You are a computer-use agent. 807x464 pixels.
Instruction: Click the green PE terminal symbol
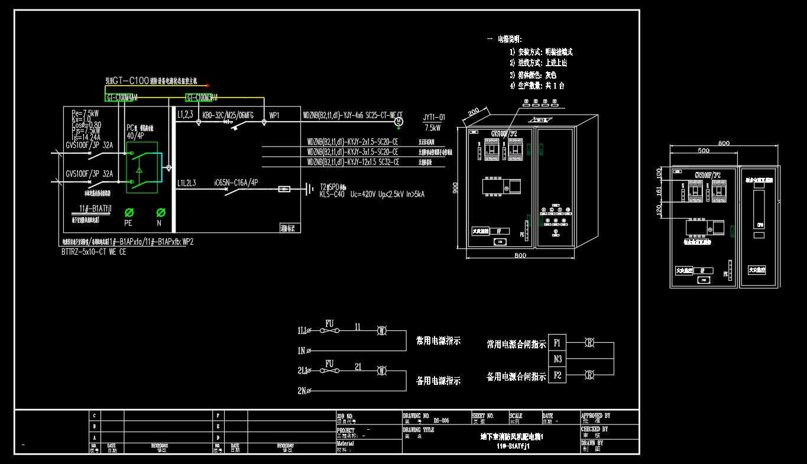(x=129, y=212)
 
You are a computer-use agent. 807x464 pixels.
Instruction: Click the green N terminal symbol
(x=160, y=212)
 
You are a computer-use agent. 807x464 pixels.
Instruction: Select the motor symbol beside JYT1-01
(x=398, y=121)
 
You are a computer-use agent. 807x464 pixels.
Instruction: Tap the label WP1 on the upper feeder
(x=275, y=115)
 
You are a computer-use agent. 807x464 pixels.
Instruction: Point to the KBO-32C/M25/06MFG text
(x=228, y=115)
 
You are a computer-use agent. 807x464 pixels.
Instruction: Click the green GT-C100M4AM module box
(x=122, y=98)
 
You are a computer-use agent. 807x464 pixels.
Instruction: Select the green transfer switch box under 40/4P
(x=142, y=167)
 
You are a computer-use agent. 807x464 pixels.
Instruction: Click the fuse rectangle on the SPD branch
(x=285, y=190)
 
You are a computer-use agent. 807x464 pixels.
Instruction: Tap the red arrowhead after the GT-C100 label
(x=207, y=86)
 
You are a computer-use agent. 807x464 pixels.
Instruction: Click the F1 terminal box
(x=558, y=343)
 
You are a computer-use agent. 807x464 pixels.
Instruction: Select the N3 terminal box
(x=558, y=359)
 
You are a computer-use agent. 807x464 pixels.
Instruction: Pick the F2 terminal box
(x=558, y=375)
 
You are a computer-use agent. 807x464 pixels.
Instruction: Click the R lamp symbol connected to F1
(x=589, y=343)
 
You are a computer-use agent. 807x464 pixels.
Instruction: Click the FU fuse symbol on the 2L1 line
(x=329, y=371)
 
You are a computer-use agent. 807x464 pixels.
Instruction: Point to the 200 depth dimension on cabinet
(x=474, y=112)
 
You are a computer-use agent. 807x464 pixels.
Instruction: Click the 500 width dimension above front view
(x=704, y=151)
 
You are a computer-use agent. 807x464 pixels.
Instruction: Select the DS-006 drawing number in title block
(x=441, y=421)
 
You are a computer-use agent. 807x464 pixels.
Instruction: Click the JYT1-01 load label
(x=435, y=118)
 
